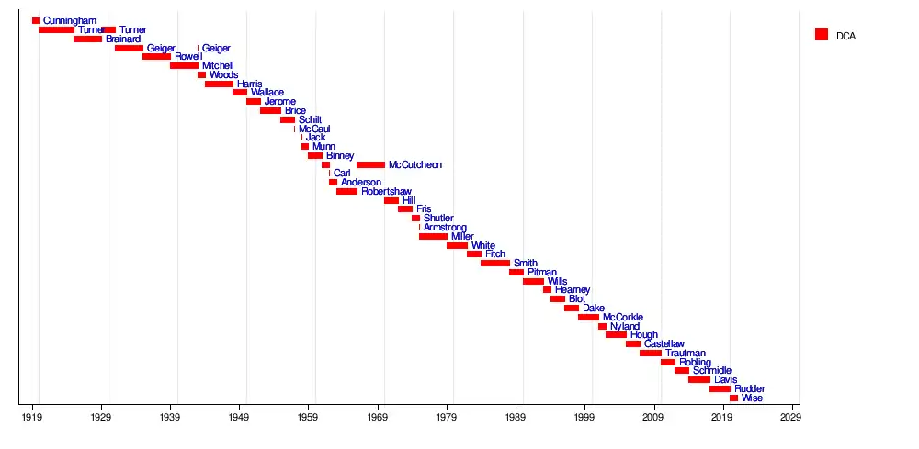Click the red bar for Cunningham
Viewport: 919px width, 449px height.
point(36,20)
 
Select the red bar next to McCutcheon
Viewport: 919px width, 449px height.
point(370,165)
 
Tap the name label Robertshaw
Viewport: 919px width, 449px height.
point(386,192)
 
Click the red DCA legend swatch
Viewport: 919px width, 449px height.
point(822,35)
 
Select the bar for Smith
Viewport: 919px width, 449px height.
point(494,264)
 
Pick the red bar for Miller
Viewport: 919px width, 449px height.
point(433,237)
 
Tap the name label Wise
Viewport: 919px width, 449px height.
point(752,398)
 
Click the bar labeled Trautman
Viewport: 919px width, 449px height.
point(651,354)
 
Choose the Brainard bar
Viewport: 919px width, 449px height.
point(87,39)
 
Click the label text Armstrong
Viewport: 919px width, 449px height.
point(445,228)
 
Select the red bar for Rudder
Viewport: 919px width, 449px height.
point(720,389)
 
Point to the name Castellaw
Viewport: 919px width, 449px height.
point(664,344)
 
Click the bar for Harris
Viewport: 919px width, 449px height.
point(219,84)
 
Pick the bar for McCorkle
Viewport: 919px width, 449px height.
point(588,318)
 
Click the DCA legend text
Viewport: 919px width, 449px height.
point(845,36)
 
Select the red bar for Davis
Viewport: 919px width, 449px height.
point(698,380)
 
